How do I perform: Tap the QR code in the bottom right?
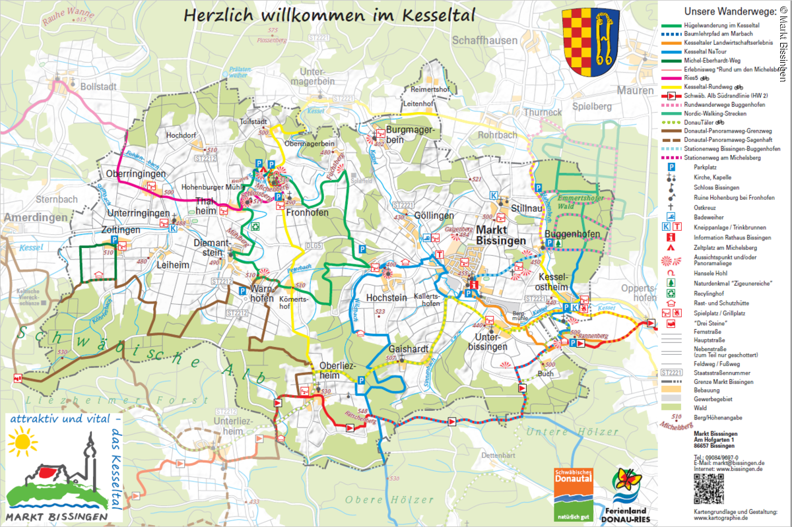coord(708,488)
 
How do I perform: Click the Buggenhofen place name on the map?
coord(572,235)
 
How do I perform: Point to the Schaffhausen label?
coord(484,40)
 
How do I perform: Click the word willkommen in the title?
coord(305,15)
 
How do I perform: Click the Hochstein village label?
coord(386,297)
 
